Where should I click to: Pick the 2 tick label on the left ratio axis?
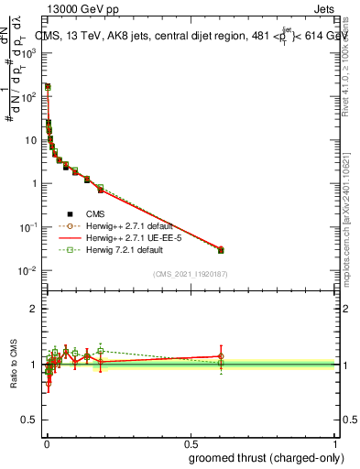coord(36,309)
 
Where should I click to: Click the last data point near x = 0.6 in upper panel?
coord(221,250)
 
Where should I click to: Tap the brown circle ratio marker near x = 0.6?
coord(221,356)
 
